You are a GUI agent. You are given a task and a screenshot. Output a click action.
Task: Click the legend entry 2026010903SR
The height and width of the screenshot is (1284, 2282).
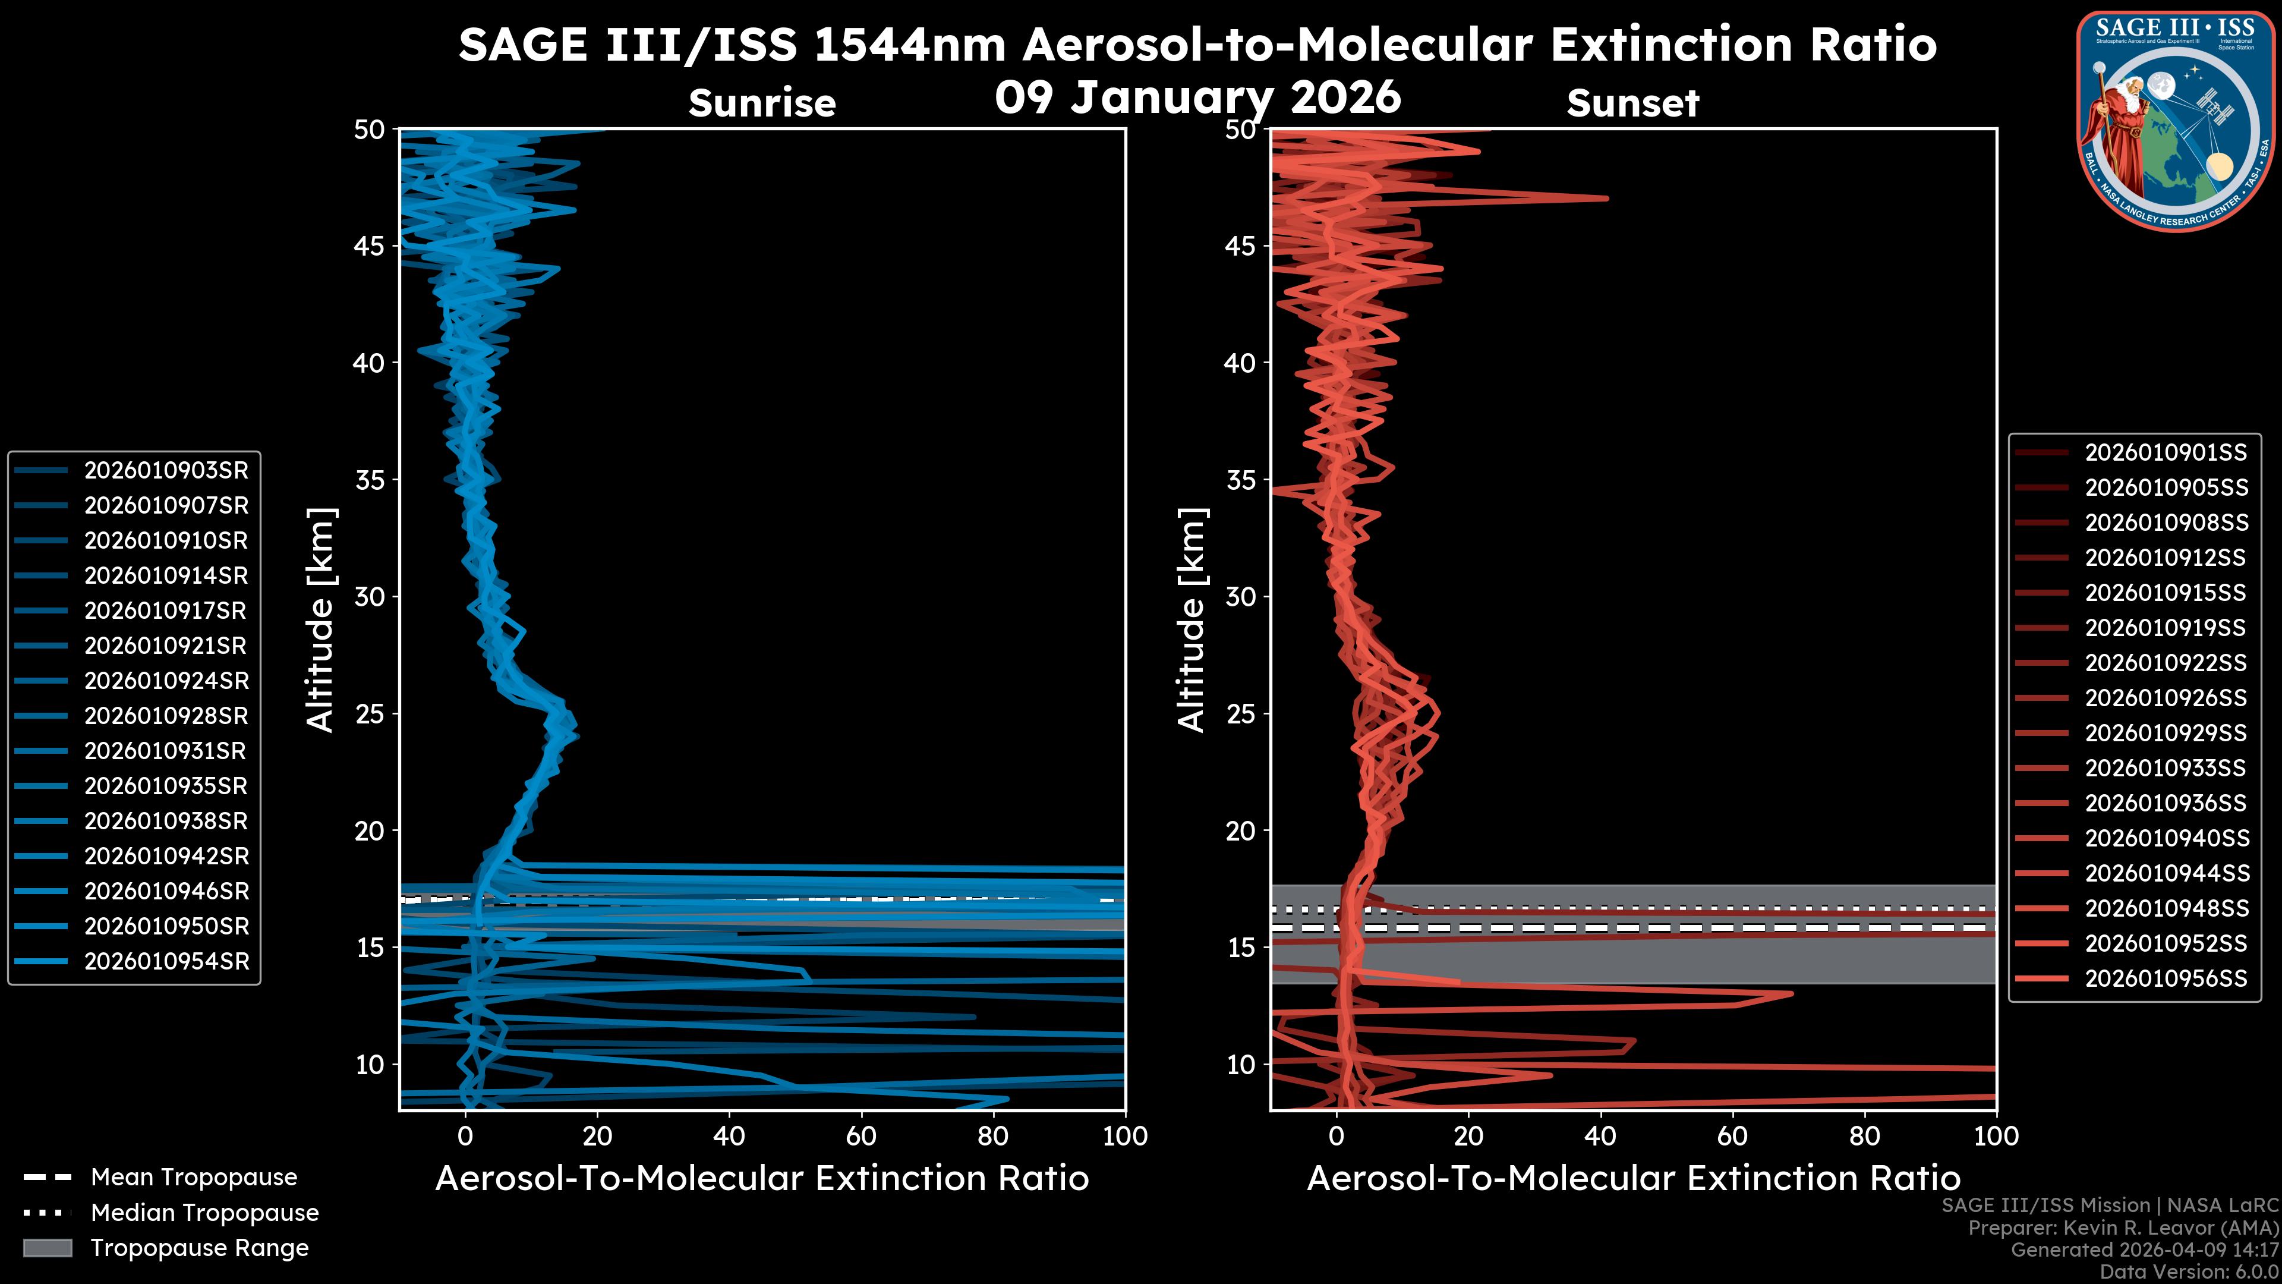(x=166, y=471)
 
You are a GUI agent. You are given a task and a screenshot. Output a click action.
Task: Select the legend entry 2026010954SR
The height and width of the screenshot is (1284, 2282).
(x=166, y=961)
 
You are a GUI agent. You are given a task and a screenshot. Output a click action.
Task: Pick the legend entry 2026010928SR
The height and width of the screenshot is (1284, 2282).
(x=166, y=716)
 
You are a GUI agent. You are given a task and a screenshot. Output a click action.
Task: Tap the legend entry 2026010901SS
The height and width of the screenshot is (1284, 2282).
(x=2165, y=453)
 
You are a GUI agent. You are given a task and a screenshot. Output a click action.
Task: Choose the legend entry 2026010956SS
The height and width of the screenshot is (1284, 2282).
(x=2165, y=978)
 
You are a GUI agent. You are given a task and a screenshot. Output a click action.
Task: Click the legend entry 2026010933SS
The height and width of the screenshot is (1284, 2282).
(x=2165, y=768)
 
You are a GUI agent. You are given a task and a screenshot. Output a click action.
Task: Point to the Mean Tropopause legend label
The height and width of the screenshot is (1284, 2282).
(x=194, y=1178)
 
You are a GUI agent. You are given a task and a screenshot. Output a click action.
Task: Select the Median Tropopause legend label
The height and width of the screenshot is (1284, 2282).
(x=204, y=1213)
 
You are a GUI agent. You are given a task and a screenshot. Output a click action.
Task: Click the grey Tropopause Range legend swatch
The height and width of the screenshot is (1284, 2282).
(x=48, y=1248)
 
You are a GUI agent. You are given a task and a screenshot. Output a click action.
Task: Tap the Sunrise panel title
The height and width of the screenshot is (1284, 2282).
(x=762, y=103)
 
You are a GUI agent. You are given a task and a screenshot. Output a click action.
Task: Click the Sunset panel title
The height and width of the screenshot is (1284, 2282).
(x=1632, y=103)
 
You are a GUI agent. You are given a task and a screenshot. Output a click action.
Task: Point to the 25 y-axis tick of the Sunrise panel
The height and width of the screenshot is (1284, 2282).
(x=370, y=714)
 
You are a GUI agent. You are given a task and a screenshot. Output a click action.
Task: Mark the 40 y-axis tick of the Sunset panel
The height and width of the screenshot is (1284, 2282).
(x=1241, y=363)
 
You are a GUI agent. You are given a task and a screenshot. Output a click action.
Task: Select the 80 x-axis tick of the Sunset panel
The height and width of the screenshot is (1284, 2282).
(x=1865, y=1136)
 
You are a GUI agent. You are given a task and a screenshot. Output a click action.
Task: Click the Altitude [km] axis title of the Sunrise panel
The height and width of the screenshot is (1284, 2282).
(x=321, y=619)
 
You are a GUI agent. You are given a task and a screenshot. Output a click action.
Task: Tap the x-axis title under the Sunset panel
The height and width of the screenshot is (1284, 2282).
(x=1632, y=1179)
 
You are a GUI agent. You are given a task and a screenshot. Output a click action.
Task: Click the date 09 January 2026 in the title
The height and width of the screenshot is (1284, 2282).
(x=1197, y=97)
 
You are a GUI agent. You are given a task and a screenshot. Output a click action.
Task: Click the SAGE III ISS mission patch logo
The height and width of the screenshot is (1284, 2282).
(x=2173, y=119)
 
